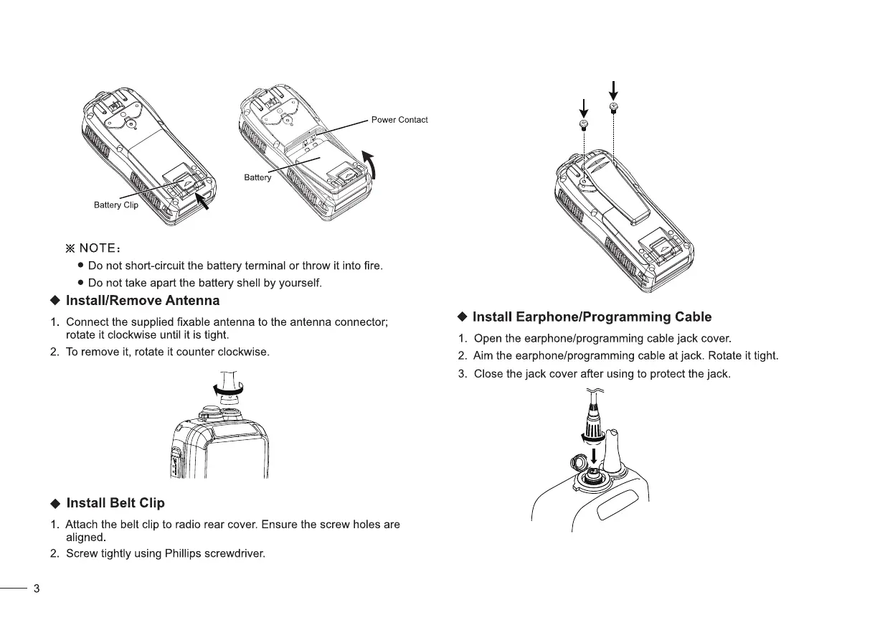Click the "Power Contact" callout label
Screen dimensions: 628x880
point(399,120)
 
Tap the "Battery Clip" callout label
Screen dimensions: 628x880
point(115,205)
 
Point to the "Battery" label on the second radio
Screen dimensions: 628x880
point(257,177)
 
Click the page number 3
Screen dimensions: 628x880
point(37,589)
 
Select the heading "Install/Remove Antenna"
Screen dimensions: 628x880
point(143,300)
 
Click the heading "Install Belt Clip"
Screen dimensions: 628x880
point(115,502)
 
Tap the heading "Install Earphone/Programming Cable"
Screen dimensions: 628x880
point(592,317)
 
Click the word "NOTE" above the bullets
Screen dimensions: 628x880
point(97,248)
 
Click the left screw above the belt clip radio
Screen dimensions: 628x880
point(584,125)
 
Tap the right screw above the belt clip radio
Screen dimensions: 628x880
point(613,108)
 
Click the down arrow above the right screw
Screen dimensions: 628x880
point(613,90)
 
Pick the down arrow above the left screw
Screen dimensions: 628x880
point(584,108)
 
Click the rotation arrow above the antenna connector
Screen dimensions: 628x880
point(229,390)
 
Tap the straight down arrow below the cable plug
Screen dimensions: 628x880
point(595,455)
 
